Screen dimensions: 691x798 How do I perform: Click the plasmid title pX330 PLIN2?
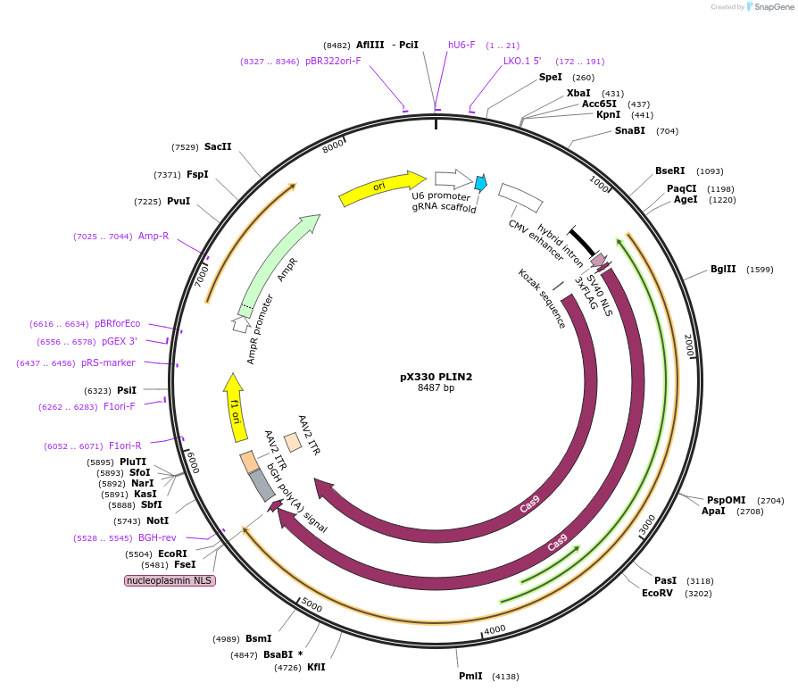coord(436,377)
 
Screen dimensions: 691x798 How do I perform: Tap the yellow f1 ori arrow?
coord(236,407)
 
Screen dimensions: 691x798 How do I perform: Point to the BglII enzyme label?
coord(723,270)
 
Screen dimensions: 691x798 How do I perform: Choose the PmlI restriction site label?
coord(470,676)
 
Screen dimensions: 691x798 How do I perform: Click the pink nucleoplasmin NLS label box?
coord(170,580)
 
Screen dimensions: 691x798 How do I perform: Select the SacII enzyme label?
coord(218,146)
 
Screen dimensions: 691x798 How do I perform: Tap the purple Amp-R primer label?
coord(154,236)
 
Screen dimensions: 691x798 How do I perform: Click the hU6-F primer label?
coord(461,45)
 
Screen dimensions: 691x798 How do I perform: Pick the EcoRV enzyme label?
coord(658,593)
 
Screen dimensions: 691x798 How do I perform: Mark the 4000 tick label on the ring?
coord(494,629)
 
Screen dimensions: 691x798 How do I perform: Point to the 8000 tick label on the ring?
coord(333,146)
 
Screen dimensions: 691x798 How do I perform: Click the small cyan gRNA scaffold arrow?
coord(480,183)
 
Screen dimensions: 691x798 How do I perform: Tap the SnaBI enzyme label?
coord(629,131)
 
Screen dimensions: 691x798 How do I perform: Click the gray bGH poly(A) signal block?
coord(262,484)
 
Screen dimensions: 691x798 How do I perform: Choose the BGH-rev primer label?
coord(157,537)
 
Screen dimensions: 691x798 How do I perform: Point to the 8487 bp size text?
coord(436,388)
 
